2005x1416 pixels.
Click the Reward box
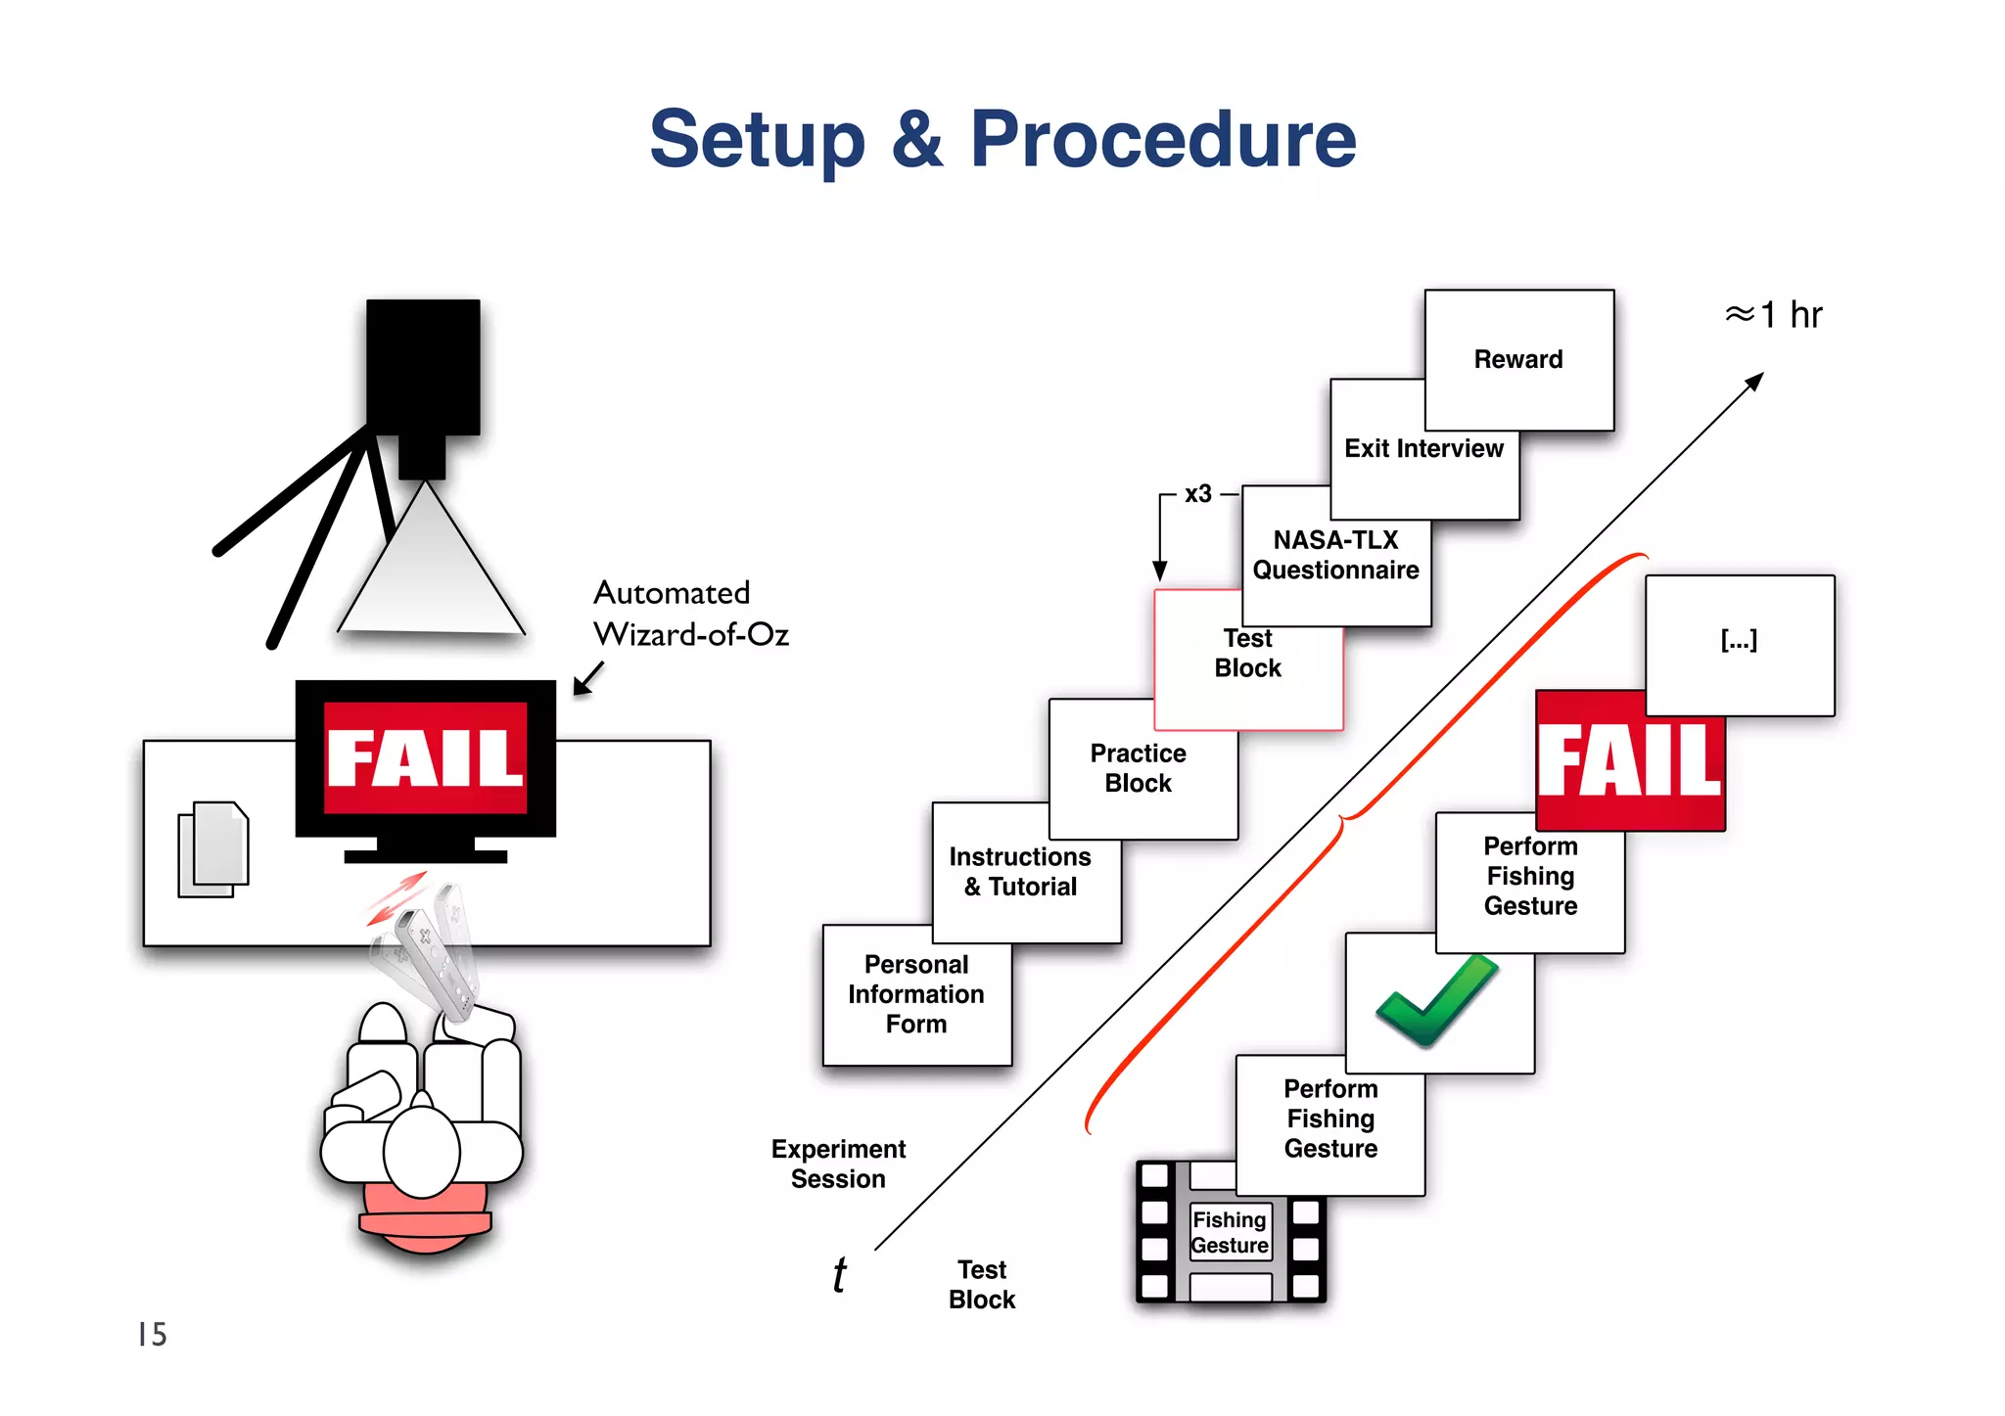[1518, 359]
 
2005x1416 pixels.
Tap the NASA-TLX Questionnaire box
[1335, 555]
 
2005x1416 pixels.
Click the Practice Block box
[1138, 768]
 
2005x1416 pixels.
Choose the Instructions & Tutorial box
[1020, 872]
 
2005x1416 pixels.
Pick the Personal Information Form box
[916, 994]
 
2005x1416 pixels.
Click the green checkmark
[1437, 1000]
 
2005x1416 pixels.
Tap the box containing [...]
[1740, 641]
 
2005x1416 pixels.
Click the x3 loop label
[1198, 494]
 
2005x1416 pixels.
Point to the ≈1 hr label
[1773, 315]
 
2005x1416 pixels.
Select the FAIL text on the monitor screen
[425, 758]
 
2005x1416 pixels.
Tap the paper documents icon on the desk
[213, 848]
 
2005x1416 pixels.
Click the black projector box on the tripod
[423, 367]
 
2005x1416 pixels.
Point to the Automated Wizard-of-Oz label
[690, 614]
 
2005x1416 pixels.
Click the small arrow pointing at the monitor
[587, 678]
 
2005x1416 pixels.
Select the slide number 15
[153, 1335]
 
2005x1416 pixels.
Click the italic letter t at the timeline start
[839, 1275]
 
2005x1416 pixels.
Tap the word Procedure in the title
[1162, 139]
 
